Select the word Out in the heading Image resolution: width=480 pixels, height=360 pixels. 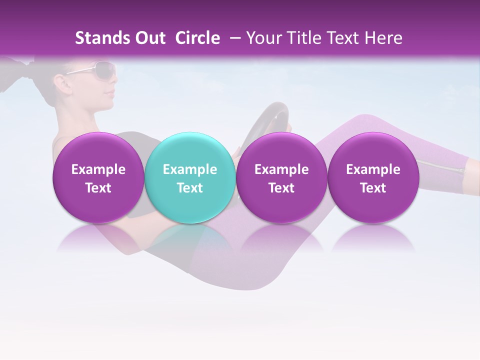[x=149, y=38]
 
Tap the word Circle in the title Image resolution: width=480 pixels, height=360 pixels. [x=197, y=38]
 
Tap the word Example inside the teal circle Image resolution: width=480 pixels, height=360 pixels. [x=190, y=169]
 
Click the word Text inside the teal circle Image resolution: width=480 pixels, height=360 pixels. [x=190, y=188]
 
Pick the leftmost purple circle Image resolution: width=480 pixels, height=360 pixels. [x=98, y=177]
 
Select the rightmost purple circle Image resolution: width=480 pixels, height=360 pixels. [x=373, y=177]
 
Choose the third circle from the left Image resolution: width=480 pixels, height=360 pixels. [x=281, y=177]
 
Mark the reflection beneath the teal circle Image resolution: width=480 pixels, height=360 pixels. [x=189, y=237]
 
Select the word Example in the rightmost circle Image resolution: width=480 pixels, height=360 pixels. [x=373, y=169]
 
